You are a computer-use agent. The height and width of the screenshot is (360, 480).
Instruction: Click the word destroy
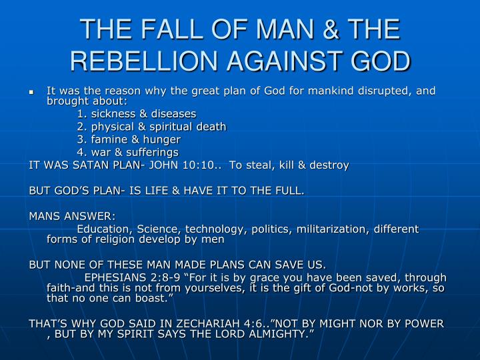pos(329,165)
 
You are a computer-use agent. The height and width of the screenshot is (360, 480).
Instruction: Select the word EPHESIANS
pos(115,277)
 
